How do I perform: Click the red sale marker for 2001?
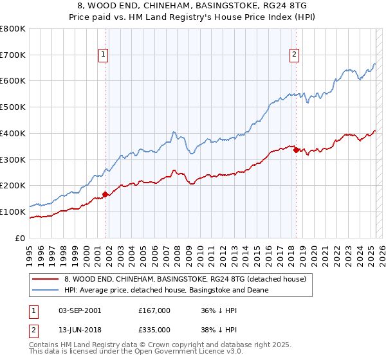(x=105, y=194)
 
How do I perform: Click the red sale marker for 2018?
(x=296, y=150)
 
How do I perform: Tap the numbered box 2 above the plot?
(x=294, y=55)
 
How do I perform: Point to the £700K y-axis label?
(x=13, y=55)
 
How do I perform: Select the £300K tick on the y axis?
(x=13, y=159)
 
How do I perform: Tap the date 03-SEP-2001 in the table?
(x=79, y=310)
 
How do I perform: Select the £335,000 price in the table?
(x=154, y=329)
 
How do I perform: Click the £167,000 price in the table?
(x=154, y=310)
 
